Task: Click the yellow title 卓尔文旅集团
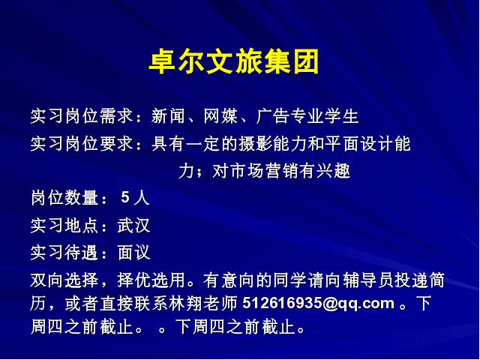(234, 62)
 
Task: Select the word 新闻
(168, 116)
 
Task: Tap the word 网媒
(220, 116)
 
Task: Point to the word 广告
(273, 116)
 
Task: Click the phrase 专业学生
(324, 116)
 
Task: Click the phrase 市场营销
(264, 171)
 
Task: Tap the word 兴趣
(333, 171)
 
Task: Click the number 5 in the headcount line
(125, 197)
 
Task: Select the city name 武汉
(133, 226)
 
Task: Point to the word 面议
(133, 253)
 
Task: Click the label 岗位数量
(64, 198)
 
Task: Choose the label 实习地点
(64, 226)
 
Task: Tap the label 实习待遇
(64, 253)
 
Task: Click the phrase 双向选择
(64, 280)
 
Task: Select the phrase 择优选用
(151, 280)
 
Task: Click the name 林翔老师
(203, 303)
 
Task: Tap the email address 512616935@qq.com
(318, 304)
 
